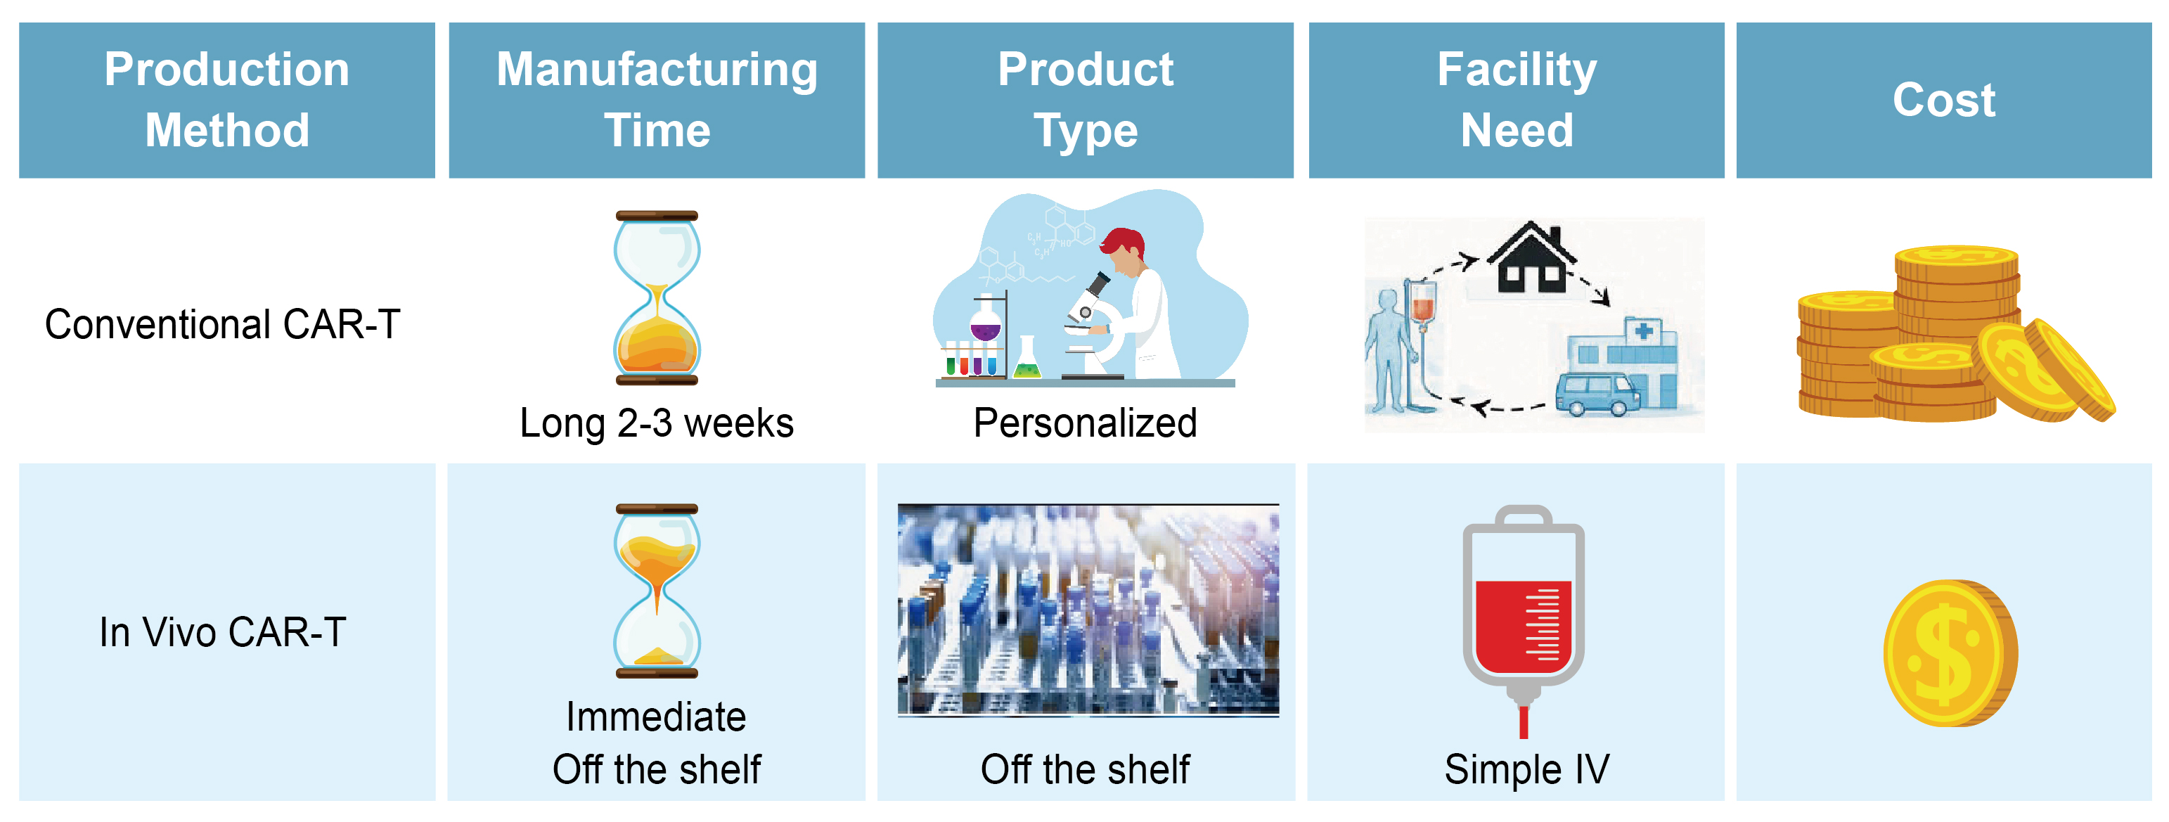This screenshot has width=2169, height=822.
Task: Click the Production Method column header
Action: (226, 99)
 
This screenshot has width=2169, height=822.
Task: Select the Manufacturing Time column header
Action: (657, 99)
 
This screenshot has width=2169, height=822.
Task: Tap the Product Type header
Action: (1086, 99)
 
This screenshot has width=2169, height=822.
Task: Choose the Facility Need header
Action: (1517, 99)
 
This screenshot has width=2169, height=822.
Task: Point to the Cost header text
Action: (1944, 101)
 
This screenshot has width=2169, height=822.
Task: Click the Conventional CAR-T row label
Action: (222, 324)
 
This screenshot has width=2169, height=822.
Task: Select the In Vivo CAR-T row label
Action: (222, 633)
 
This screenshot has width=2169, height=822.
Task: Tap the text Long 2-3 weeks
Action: (657, 423)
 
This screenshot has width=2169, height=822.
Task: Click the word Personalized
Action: (1086, 423)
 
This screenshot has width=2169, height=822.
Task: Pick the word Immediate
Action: (656, 717)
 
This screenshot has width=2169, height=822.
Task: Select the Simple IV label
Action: (1526, 769)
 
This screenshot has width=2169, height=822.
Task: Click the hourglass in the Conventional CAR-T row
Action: (657, 297)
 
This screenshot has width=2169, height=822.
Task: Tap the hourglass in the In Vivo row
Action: (657, 591)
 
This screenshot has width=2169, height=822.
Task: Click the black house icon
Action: (1531, 258)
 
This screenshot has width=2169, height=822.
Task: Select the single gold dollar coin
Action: (1951, 653)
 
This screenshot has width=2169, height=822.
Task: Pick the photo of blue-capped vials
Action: (1088, 610)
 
